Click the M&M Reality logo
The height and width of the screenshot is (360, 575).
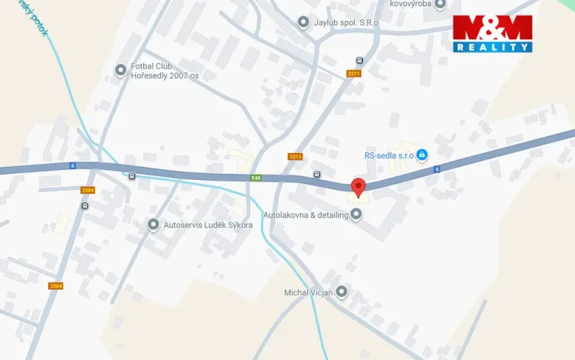point(493,33)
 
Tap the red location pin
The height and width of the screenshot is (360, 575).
point(358,187)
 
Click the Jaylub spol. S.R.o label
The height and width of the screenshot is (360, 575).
point(346,22)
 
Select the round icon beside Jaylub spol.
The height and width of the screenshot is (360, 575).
point(303,22)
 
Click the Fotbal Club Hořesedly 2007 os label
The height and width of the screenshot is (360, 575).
point(165,71)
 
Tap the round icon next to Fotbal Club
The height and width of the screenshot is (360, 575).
point(120,71)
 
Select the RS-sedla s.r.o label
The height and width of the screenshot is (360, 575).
point(389,155)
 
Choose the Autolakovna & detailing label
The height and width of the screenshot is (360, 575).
point(306,215)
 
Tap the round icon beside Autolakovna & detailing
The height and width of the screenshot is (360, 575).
point(356,215)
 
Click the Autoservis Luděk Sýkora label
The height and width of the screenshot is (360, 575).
point(208,225)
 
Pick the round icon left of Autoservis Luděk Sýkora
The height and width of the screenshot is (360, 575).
point(153,225)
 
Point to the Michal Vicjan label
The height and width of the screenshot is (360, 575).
point(307,292)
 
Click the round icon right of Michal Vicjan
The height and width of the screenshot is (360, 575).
point(342,292)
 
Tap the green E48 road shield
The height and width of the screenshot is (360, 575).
point(256,178)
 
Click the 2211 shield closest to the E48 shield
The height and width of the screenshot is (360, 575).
point(296,156)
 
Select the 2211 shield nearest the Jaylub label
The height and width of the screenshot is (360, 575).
point(353,73)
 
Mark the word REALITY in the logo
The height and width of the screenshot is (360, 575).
point(493,47)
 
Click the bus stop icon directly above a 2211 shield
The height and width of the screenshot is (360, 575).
point(359,61)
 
